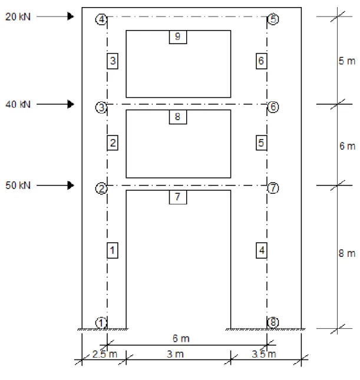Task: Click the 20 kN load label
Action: pos(18,16)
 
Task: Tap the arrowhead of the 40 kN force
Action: pos(71,104)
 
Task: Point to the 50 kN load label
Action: pos(18,186)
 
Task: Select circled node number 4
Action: pos(101,19)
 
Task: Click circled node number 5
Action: pos(273,19)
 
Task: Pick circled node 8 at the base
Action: pos(273,322)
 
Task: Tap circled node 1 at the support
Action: pos(101,323)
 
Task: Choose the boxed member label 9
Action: pos(178,37)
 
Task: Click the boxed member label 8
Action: pos(178,117)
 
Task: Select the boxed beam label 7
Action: pos(178,197)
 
